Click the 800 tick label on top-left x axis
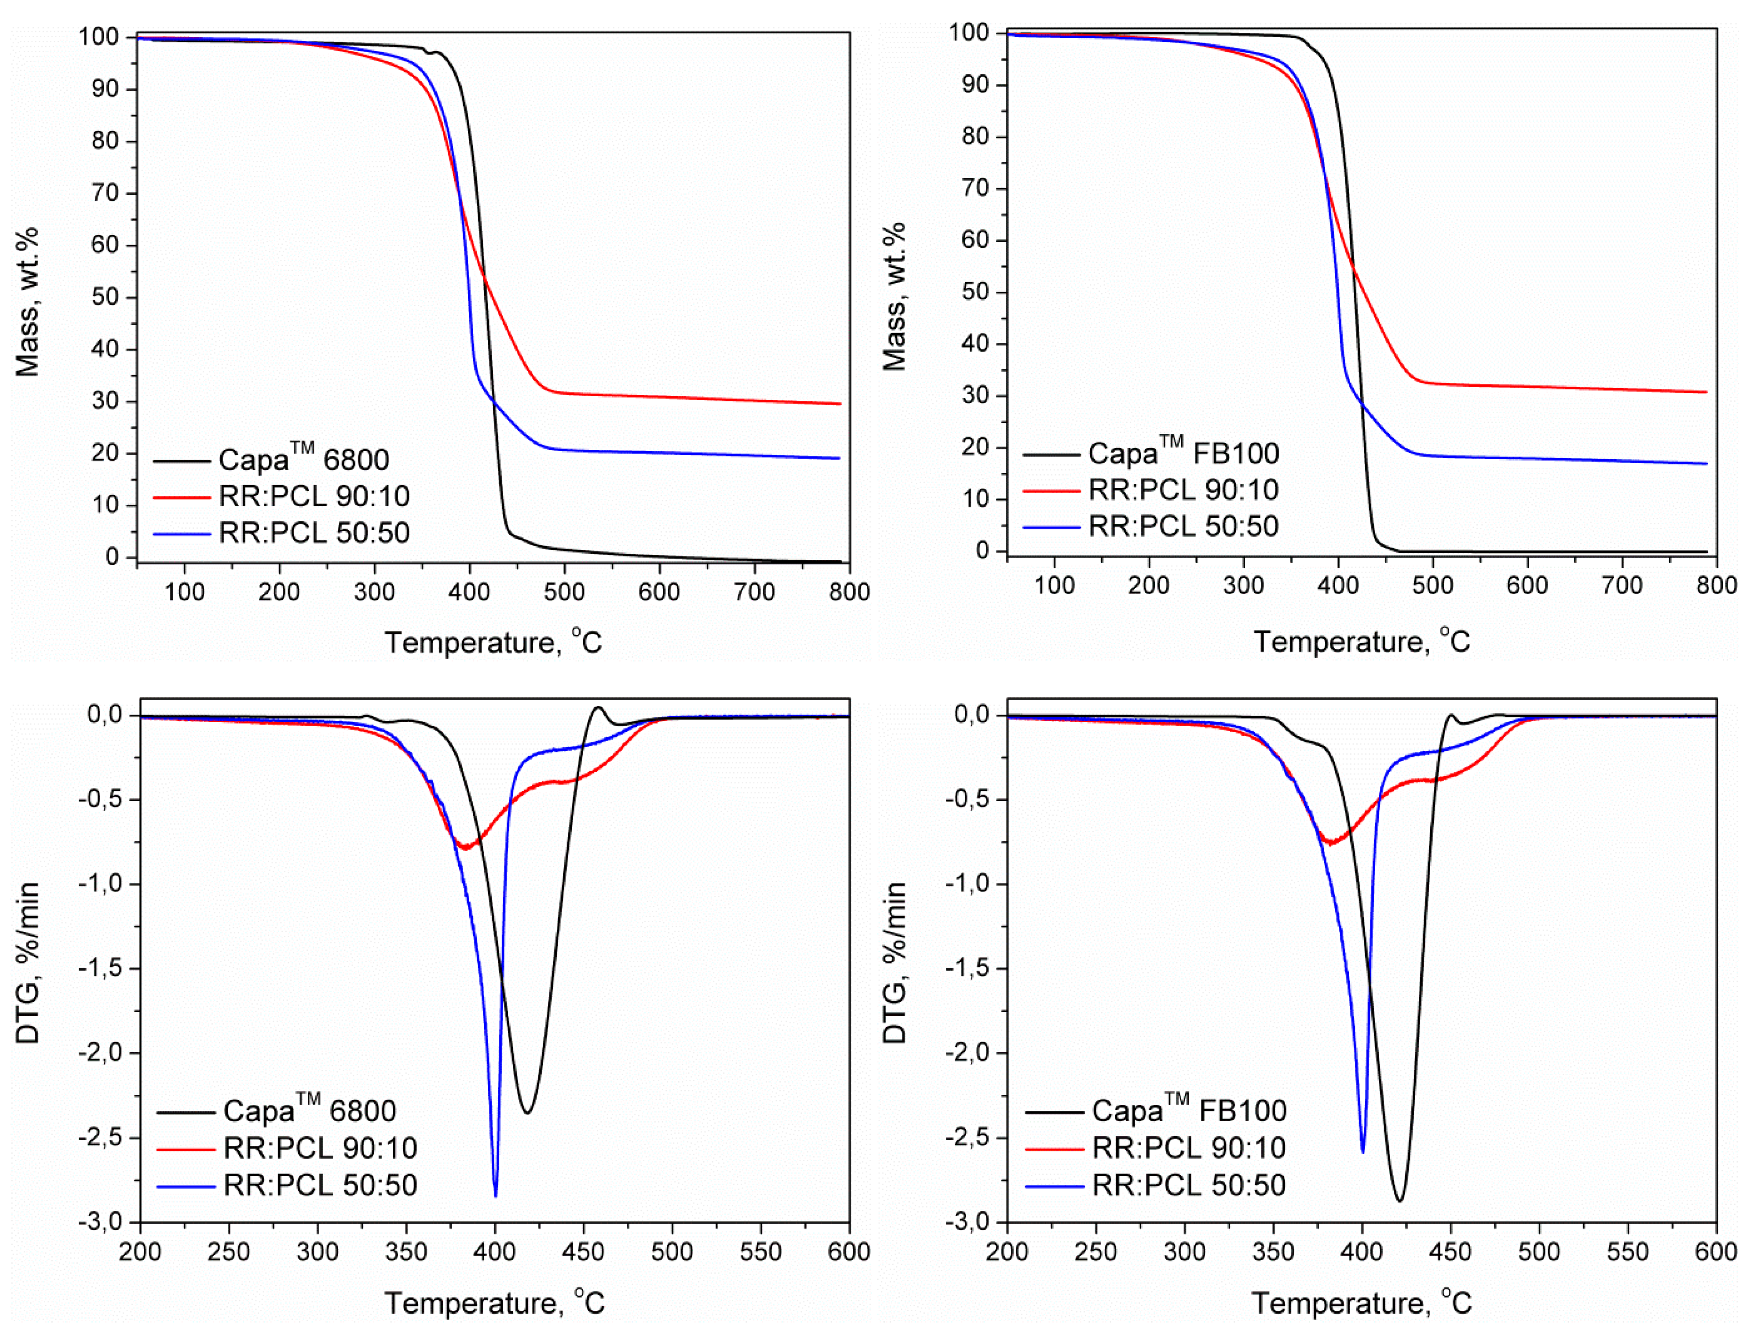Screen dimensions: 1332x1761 pos(848,591)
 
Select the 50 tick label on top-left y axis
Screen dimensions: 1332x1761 pos(105,297)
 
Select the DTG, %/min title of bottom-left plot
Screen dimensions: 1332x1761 pos(28,963)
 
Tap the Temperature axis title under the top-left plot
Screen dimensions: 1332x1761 pos(494,642)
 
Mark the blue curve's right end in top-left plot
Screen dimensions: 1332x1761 pos(839,459)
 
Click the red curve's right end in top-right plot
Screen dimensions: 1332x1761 pos(1706,392)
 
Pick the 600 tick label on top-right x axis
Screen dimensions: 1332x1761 pos(1527,586)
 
